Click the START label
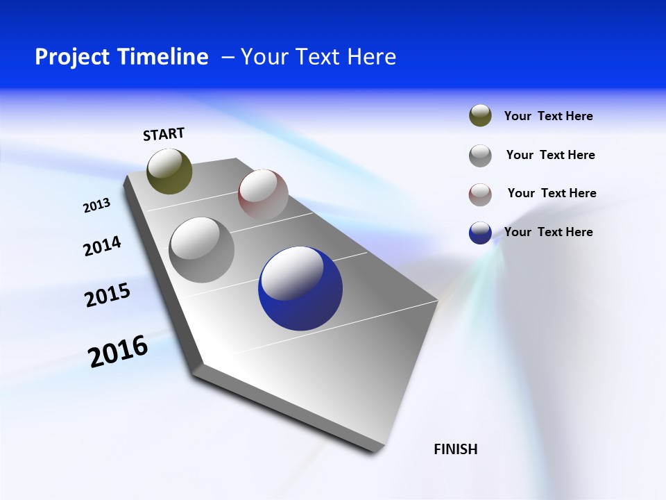(164, 134)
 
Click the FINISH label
(456, 449)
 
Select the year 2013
(96, 206)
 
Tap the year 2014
(102, 247)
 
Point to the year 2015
(108, 296)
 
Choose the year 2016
(118, 351)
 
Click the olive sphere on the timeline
(170, 171)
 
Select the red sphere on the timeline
(263, 194)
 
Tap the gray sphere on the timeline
(201, 249)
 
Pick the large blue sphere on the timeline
(300, 288)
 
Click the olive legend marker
(480, 116)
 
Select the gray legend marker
(480, 156)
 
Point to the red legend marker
(480, 194)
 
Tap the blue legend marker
(480, 233)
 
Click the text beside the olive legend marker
(548, 117)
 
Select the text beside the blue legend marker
(548, 232)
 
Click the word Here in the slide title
(371, 57)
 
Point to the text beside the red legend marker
(552, 193)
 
